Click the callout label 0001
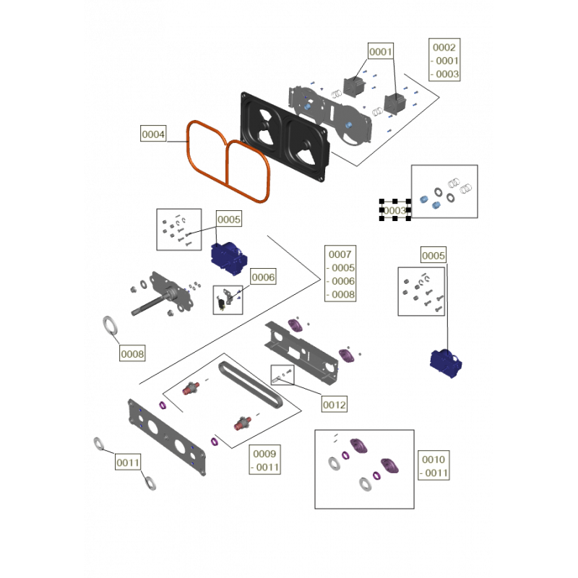pyautogui.click(x=380, y=52)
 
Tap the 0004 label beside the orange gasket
pyautogui.click(x=153, y=134)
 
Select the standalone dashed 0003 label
pyautogui.click(x=395, y=210)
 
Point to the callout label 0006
pyautogui.click(x=264, y=276)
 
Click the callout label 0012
pyautogui.click(x=335, y=405)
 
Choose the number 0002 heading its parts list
pyautogui.click(x=444, y=48)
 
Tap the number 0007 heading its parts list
pyautogui.click(x=340, y=255)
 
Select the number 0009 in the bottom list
pyautogui.click(x=265, y=454)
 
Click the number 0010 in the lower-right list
pyautogui.click(x=435, y=460)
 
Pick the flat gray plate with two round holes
pyautogui.click(x=163, y=433)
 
